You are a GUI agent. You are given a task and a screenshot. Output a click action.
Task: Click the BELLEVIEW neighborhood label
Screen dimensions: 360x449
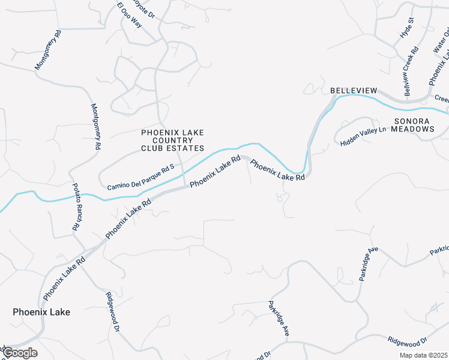[x=354, y=91]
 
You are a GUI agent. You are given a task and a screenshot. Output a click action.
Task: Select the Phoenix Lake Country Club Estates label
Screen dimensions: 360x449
[x=172, y=140]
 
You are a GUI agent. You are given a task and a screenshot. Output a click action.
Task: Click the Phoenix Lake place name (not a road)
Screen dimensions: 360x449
[x=41, y=312]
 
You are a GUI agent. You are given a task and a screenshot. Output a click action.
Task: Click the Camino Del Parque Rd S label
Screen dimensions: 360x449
[x=140, y=178]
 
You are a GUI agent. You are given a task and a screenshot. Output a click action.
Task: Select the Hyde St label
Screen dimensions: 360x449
[x=407, y=28]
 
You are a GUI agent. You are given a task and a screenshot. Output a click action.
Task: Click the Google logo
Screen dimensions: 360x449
[x=20, y=353]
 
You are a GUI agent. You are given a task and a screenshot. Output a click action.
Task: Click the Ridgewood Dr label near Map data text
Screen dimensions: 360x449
[x=406, y=340]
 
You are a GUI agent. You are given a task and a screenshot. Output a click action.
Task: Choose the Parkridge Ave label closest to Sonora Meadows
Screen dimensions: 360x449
[x=367, y=266]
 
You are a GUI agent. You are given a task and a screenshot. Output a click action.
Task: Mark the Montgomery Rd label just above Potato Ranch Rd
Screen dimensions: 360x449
[x=95, y=127]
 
